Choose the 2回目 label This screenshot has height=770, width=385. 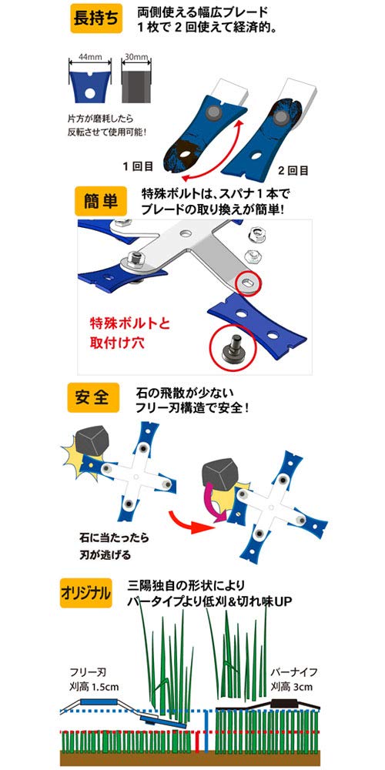tap(293, 169)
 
